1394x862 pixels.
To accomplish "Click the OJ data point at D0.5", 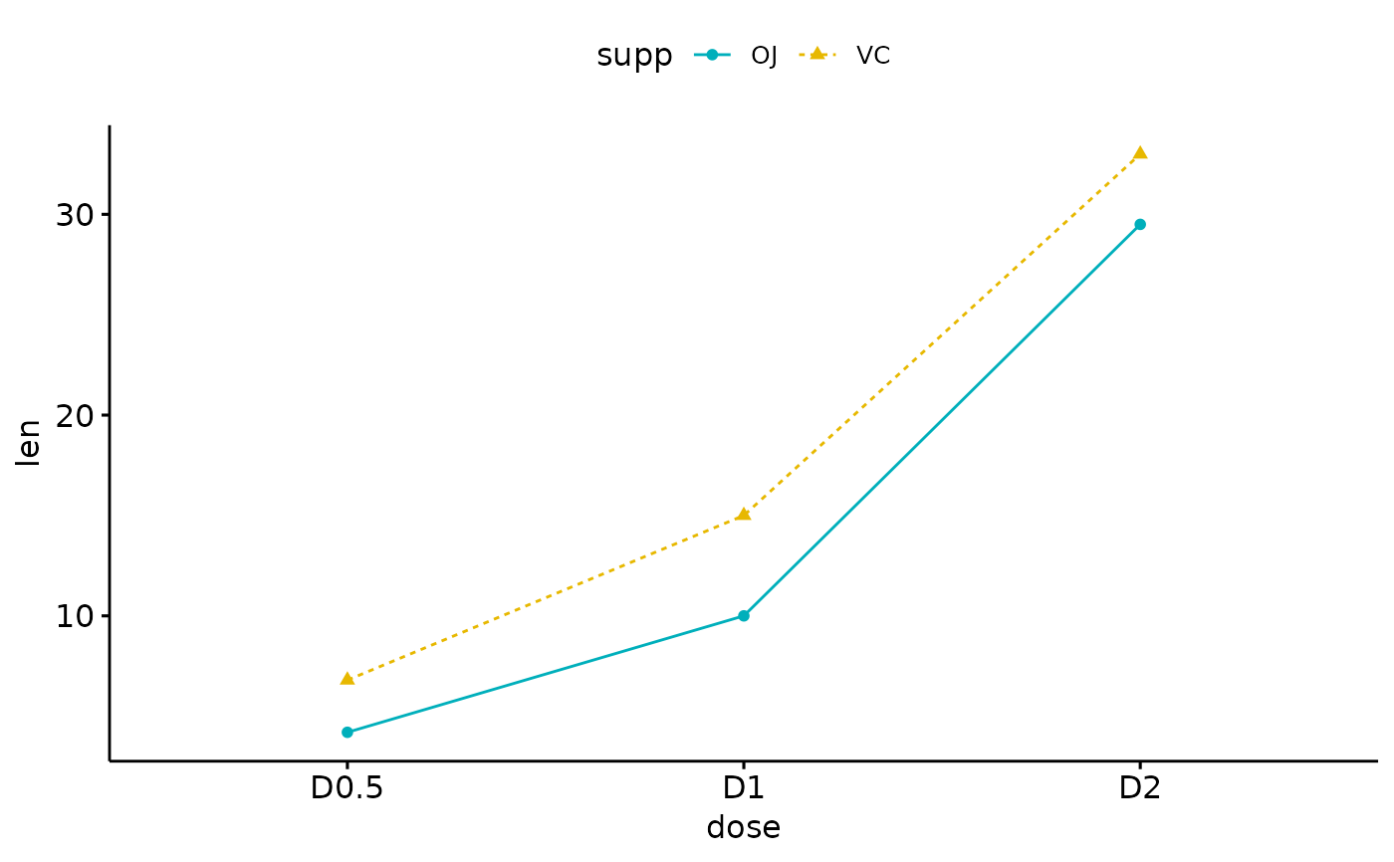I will click(x=348, y=732).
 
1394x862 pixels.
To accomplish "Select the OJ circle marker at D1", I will click(x=744, y=615).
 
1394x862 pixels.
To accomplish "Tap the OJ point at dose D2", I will click(x=1140, y=224).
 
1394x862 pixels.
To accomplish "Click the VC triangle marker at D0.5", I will click(x=348, y=679).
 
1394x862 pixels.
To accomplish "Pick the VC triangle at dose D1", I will click(x=744, y=515).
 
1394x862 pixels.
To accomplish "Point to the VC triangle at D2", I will click(x=1140, y=153).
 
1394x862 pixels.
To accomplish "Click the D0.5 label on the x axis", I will click(x=348, y=788).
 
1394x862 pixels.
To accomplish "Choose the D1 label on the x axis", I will click(x=744, y=788).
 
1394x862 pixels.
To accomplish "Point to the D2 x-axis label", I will click(x=1140, y=788).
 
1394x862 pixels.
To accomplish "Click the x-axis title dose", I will click(x=744, y=827).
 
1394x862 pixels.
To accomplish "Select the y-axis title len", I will click(x=30, y=442).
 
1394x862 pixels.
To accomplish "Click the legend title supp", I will click(x=634, y=56).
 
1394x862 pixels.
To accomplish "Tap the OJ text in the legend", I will click(x=764, y=56).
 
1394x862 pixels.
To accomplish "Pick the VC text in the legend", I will click(x=873, y=56).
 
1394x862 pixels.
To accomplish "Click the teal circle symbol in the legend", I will click(x=712, y=55).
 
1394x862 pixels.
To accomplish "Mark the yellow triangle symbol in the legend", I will click(x=817, y=54).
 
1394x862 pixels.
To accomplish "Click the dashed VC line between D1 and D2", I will click(x=942, y=333).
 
